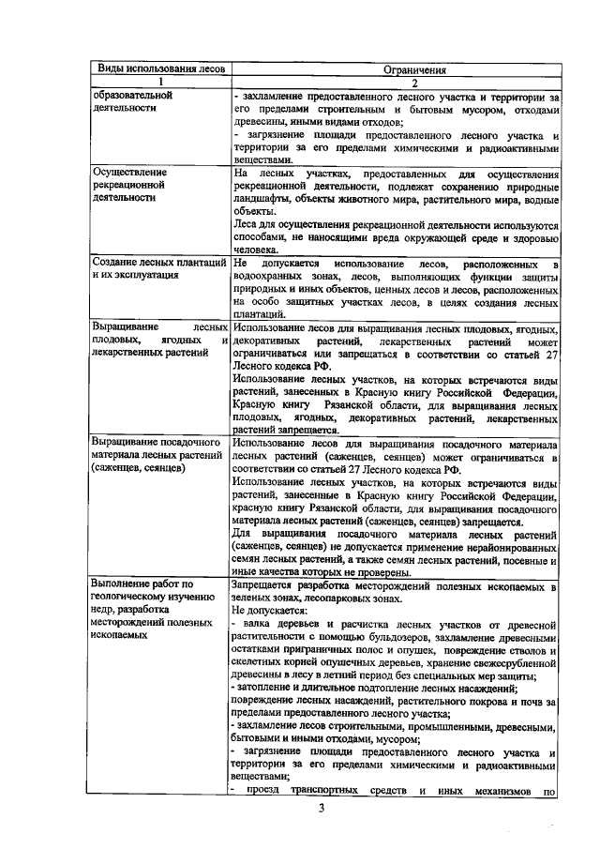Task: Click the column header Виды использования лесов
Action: point(158,69)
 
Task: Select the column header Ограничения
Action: point(395,69)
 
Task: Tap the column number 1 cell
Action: point(158,83)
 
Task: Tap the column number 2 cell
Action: point(395,83)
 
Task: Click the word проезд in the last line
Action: point(263,791)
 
